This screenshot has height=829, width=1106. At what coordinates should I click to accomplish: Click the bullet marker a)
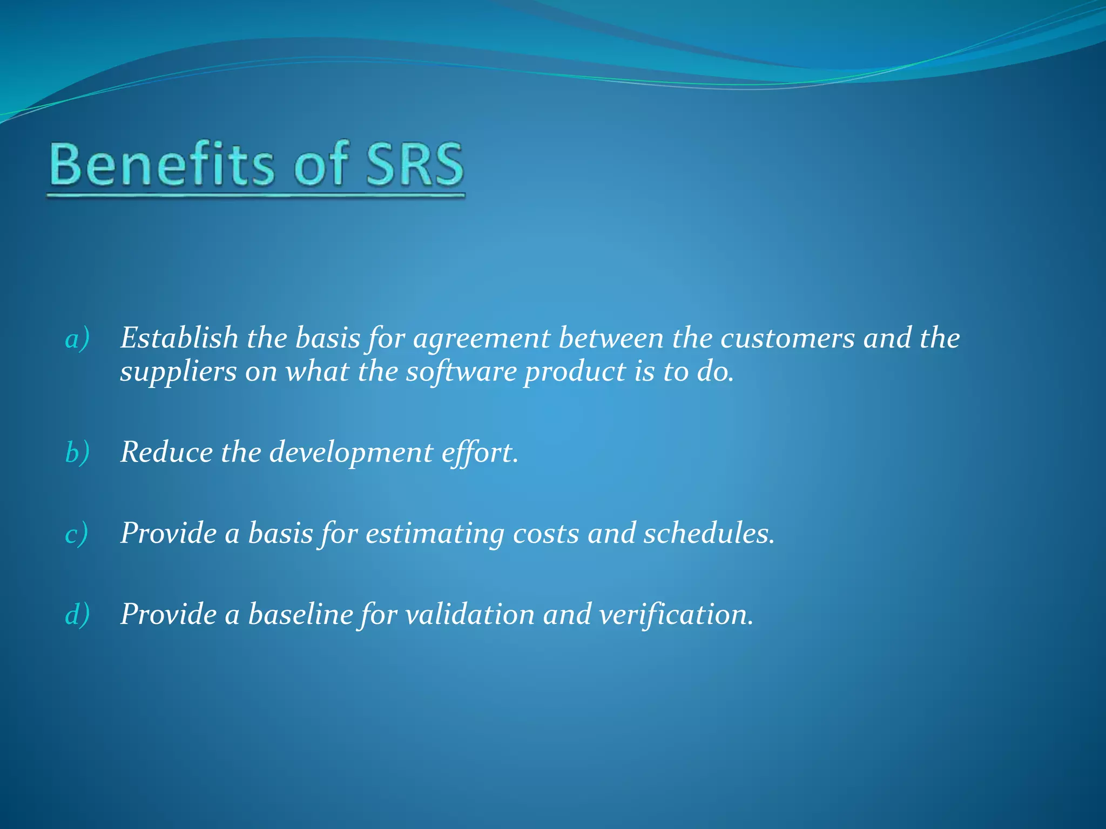pos(77,339)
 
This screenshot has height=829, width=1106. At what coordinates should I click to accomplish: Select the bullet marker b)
pos(77,452)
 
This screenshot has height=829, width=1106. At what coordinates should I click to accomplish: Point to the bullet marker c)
pos(77,534)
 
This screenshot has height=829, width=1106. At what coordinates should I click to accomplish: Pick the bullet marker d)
pos(77,615)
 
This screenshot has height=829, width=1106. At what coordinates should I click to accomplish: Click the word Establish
pos(179,338)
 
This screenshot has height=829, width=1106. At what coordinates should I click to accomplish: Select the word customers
pos(787,338)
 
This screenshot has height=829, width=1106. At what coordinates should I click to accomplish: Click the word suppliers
pos(178,373)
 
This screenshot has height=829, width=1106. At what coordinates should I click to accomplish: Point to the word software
pos(461,372)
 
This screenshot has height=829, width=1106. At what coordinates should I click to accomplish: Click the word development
pos(351,453)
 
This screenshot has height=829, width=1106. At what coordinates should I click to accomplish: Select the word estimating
pos(435,534)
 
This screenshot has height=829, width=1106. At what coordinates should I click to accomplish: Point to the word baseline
pos(300,614)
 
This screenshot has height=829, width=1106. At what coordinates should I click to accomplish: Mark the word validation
pos(469,614)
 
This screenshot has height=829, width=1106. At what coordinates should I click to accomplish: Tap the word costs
pos(546,534)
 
